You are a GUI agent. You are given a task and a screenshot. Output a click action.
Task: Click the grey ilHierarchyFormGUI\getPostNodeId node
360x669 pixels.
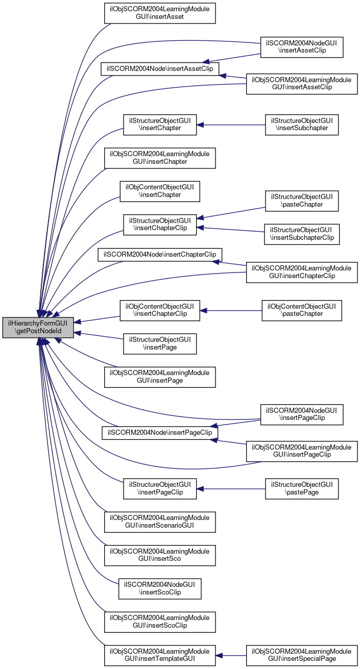[x=38, y=328]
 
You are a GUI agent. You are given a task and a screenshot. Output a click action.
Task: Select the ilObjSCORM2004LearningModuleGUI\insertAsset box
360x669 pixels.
[x=160, y=13]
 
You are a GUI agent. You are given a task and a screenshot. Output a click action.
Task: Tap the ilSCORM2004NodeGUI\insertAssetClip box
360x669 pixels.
[x=301, y=47]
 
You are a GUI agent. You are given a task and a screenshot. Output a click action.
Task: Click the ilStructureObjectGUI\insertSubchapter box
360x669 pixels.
[x=302, y=125]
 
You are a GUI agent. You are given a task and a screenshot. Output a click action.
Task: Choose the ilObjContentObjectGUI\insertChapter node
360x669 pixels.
[x=159, y=190]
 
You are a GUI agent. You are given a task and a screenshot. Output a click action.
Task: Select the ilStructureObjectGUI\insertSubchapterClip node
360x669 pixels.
[x=302, y=233]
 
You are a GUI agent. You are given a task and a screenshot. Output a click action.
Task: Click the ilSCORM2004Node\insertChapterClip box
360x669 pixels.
[x=160, y=254]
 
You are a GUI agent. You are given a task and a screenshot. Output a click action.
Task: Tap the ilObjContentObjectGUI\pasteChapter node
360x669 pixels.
[x=302, y=310]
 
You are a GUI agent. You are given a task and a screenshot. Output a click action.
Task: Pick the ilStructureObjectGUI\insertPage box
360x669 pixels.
[x=160, y=344]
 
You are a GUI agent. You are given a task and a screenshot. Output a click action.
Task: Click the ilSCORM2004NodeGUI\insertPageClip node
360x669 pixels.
[x=301, y=414]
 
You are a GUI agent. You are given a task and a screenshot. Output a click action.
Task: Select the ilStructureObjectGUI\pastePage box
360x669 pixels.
[x=302, y=489]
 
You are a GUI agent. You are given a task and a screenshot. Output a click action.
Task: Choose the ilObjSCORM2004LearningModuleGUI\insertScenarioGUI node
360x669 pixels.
[x=160, y=521]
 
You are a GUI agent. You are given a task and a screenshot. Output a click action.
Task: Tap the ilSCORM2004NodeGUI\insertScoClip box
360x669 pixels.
[x=160, y=588]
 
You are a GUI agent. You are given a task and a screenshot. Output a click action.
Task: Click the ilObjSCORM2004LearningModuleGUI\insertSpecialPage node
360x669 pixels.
[x=302, y=655]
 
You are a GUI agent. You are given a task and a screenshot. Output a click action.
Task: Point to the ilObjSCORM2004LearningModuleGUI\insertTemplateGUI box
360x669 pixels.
[x=160, y=655]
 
